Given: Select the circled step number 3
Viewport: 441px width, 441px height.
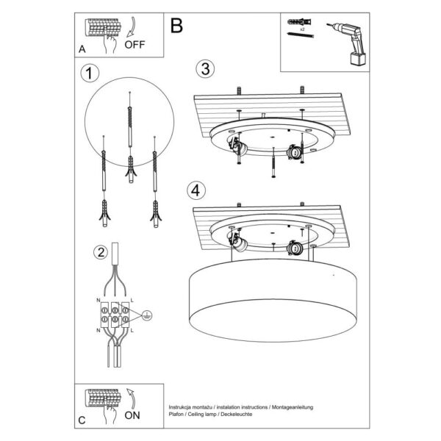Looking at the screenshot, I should point(205,69).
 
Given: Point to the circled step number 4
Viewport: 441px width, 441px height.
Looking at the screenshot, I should point(195,190).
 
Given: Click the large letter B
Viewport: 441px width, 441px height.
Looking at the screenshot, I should point(176,26).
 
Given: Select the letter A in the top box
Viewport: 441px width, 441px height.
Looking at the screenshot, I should point(82,49).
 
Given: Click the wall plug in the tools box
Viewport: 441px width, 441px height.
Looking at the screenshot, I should point(298,24).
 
